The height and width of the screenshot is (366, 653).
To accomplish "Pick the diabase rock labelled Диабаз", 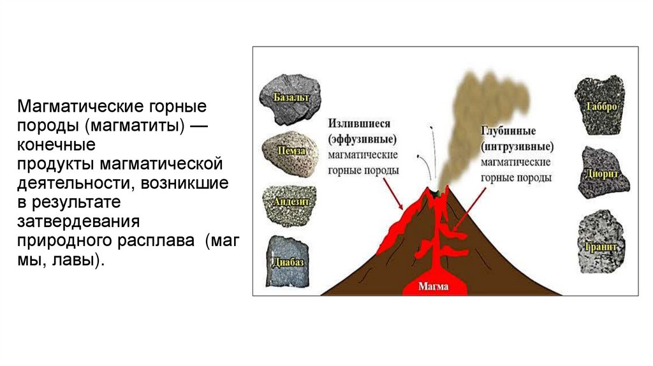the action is point(286,261).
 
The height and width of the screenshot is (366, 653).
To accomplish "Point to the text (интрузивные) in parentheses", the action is point(516,148).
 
